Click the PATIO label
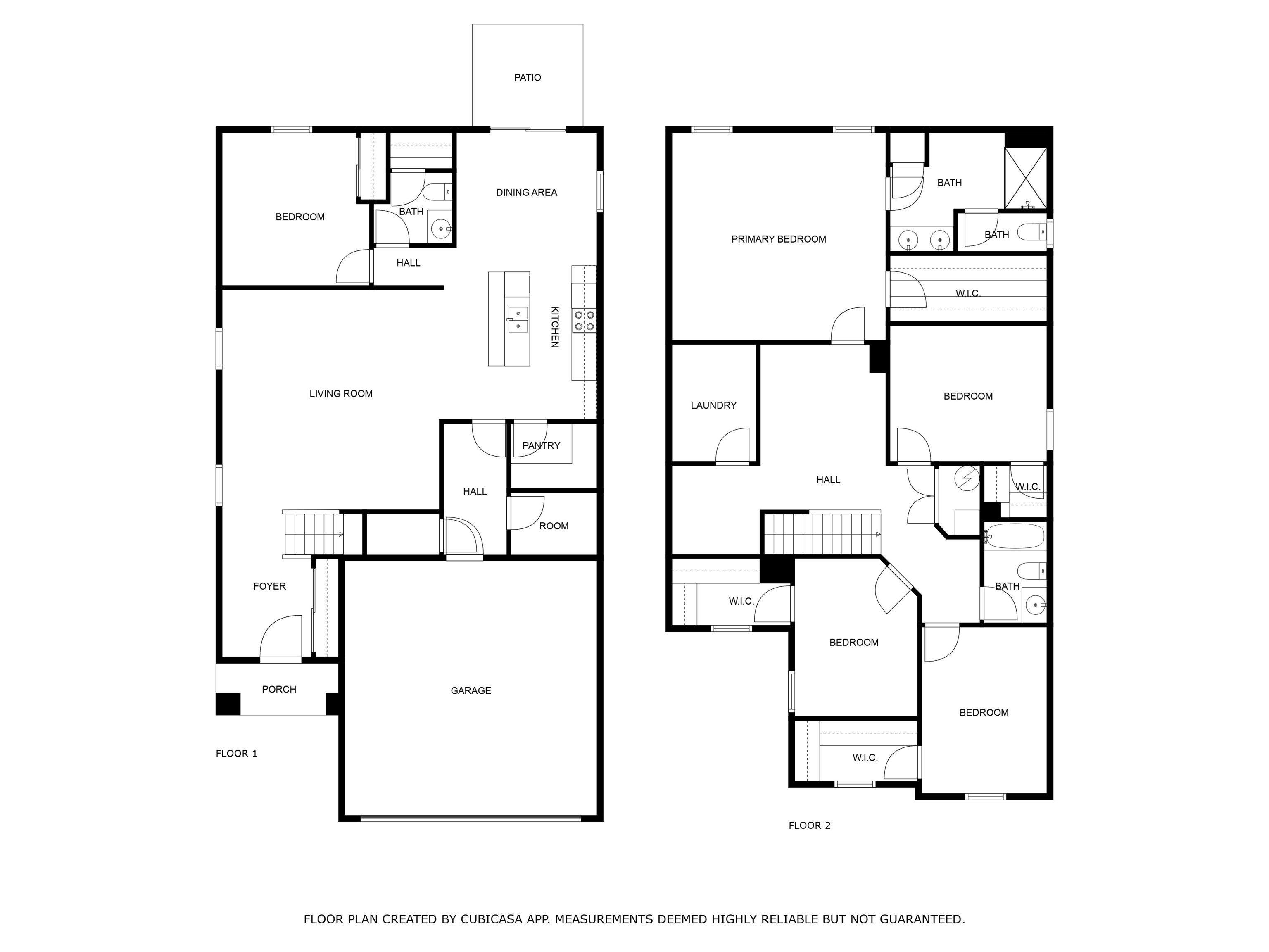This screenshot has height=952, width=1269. [527, 77]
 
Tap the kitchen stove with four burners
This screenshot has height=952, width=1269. [583, 321]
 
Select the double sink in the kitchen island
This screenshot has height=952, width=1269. [518, 319]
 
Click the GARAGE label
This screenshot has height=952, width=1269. [471, 690]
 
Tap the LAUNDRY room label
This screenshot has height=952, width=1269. [713, 405]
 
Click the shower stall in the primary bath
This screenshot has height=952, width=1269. [1025, 178]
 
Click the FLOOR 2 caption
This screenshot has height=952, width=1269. [809, 825]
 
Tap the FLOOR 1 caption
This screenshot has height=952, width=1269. [236, 753]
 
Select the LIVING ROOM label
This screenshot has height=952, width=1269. [341, 394]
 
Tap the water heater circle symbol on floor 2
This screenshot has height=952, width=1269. [967, 477]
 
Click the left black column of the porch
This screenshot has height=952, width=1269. [227, 704]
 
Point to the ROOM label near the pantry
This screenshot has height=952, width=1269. [554, 526]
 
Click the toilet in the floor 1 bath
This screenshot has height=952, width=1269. [438, 191]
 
